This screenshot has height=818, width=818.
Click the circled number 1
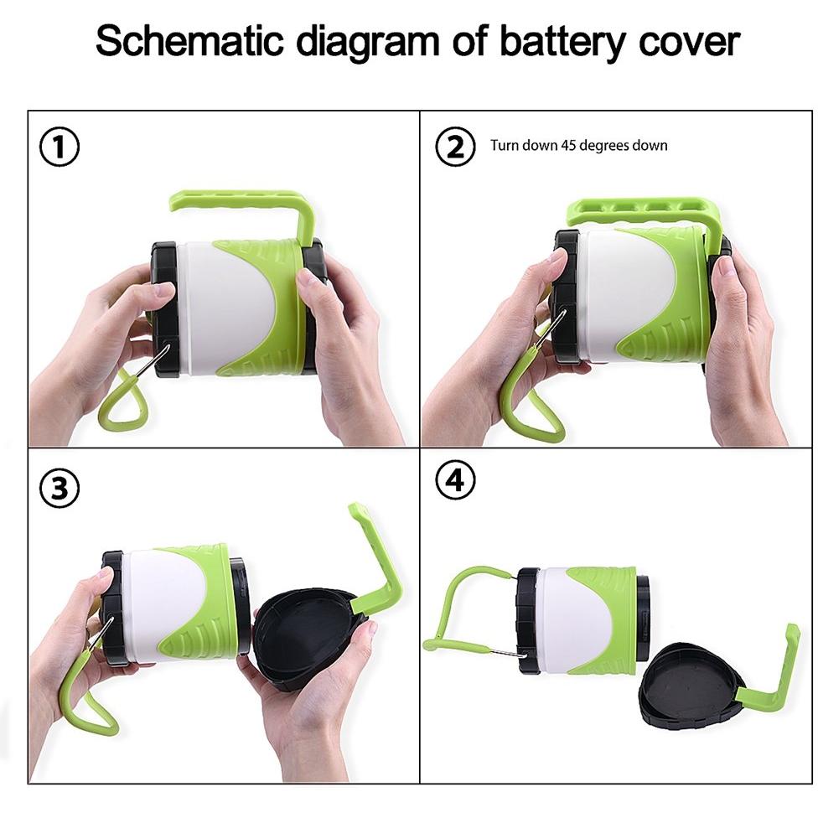[60, 148]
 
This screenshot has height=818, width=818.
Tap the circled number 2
[455, 147]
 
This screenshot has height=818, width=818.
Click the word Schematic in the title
[190, 41]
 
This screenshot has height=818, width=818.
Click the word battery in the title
[563, 42]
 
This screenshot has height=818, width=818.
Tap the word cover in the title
[689, 42]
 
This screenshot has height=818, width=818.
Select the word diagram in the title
[368, 43]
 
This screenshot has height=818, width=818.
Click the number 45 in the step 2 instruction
[568, 145]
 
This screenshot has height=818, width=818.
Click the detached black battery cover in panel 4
[689, 686]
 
